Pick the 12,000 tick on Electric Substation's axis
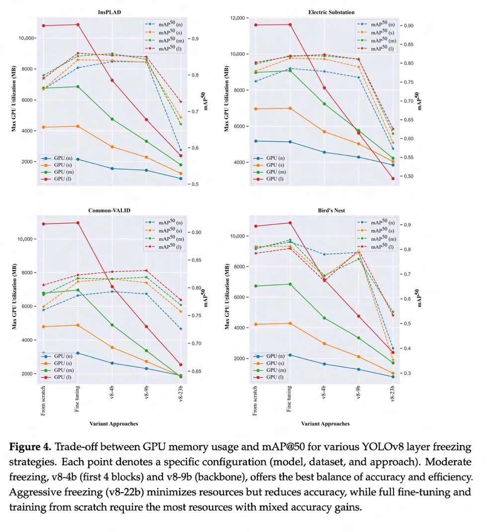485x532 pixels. click(239, 18)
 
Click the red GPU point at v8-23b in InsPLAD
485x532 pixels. click(180, 156)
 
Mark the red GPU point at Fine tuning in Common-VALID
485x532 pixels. click(78, 223)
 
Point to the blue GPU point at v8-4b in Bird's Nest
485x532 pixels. click(324, 364)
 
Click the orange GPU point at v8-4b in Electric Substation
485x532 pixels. click(324, 132)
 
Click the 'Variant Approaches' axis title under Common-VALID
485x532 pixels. click(114, 424)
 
